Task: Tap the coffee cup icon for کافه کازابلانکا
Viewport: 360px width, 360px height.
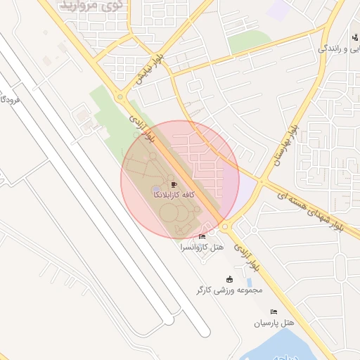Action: tap(174, 184)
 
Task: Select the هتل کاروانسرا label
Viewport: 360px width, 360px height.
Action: tap(202, 247)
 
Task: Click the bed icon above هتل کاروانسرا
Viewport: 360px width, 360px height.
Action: tap(202, 237)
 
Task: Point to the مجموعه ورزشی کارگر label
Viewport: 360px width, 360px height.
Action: tap(229, 289)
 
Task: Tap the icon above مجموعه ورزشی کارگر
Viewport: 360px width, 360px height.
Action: tap(229, 279)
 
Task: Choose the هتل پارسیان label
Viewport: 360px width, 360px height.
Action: tap(272, 323)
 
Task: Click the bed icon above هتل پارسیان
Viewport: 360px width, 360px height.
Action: tap(274, 312)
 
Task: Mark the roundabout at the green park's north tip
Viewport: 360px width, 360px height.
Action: tap(121, 97)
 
